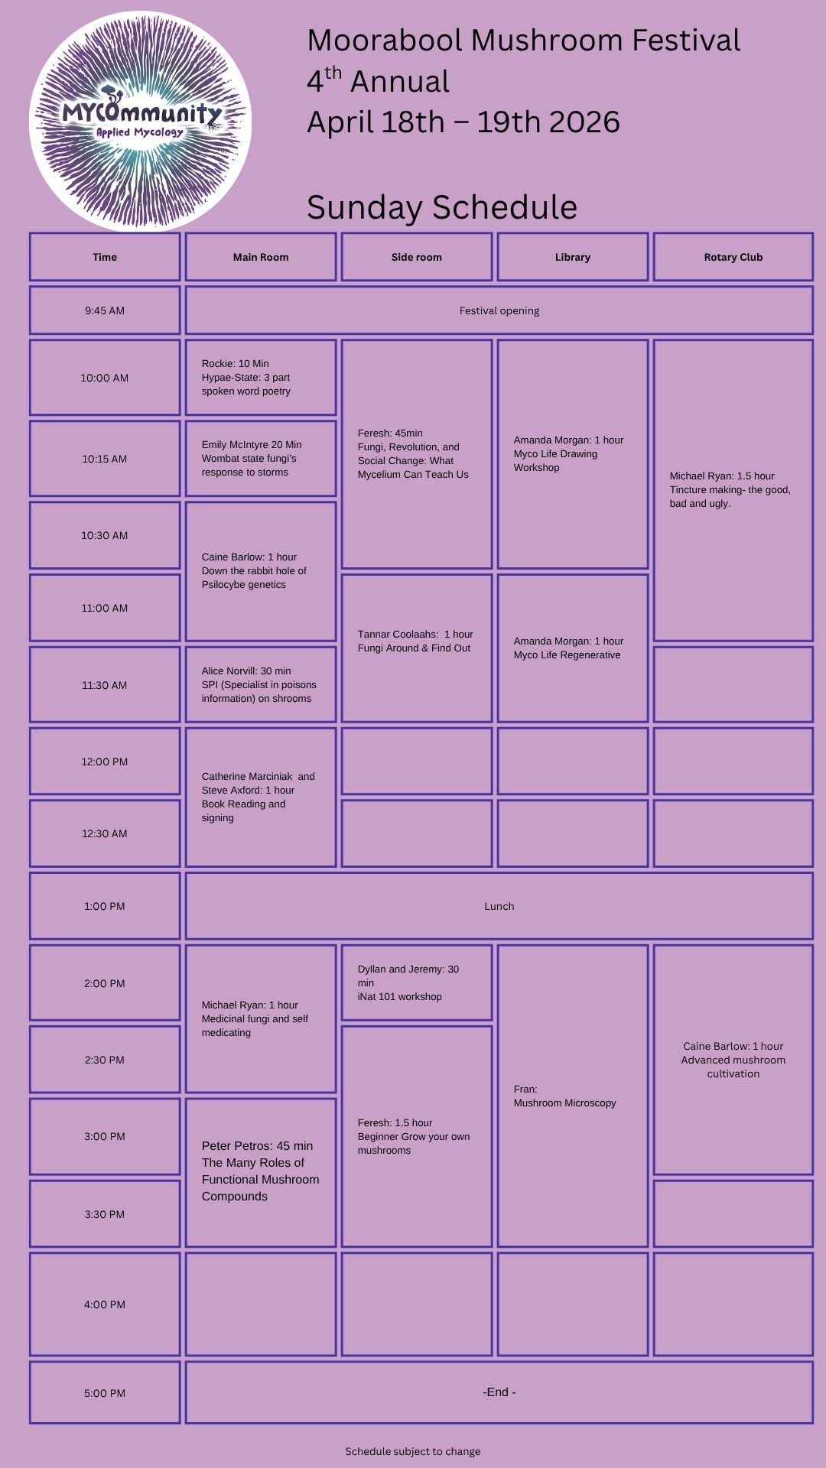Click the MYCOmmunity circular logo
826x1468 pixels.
141,121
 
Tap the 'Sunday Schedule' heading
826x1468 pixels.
441,207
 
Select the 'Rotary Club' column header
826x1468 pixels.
733,257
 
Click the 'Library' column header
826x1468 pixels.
573,257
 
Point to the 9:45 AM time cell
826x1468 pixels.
105,310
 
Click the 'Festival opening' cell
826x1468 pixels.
499,310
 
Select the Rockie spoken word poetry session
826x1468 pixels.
261,378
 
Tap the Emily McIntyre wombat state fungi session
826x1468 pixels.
261,459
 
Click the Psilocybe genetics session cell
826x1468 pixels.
261,571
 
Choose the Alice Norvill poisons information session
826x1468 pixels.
261,684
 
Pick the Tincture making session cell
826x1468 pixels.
733,490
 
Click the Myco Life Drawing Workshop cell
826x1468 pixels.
573,454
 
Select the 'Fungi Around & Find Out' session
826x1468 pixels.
417,648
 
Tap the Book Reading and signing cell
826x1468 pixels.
261,797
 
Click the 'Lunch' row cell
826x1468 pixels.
499,906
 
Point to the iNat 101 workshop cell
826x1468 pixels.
417,982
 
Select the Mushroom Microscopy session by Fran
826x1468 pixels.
573,1096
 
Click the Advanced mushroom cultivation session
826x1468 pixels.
733,1060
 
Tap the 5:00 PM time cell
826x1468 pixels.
105,1393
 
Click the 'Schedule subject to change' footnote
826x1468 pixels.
413,1451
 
